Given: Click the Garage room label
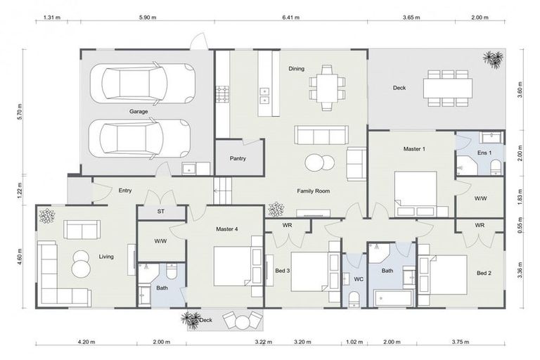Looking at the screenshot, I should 138,112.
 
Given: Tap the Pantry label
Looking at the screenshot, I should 238,158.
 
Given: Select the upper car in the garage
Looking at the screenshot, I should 148,83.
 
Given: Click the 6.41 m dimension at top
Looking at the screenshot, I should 290,18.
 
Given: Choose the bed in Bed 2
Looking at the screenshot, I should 443,274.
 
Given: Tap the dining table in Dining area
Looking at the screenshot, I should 326,88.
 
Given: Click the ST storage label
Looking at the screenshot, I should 160,212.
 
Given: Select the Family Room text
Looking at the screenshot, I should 313,191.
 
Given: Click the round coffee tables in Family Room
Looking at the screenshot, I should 319,163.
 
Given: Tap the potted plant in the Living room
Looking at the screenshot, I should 46,216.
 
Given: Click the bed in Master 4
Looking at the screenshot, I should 232,266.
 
